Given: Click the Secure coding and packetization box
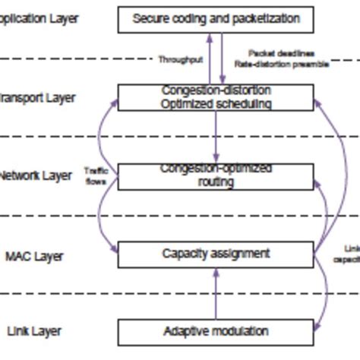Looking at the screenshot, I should tap(216, 19).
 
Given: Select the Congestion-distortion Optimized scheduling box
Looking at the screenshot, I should tap(216, 97).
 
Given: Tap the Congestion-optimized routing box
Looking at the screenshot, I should tap(216, 175).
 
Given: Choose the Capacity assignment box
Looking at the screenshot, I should tap(216, 254).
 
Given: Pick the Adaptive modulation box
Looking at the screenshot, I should tap(216, 332).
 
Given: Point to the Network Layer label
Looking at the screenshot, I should tap(36, 175).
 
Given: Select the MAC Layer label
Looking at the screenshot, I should tap(34, 256).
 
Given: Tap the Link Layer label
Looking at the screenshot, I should tap(33, 331).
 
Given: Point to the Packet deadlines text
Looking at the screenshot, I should tap(281, 53).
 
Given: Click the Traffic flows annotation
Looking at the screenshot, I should tap(96, 176).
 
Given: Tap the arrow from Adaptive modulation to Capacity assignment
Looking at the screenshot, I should tap(216, 293).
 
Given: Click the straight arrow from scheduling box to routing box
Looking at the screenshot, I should tap(216, 137).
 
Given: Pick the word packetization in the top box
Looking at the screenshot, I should tap(267, 19).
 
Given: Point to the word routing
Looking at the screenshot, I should tap(216, 182).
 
